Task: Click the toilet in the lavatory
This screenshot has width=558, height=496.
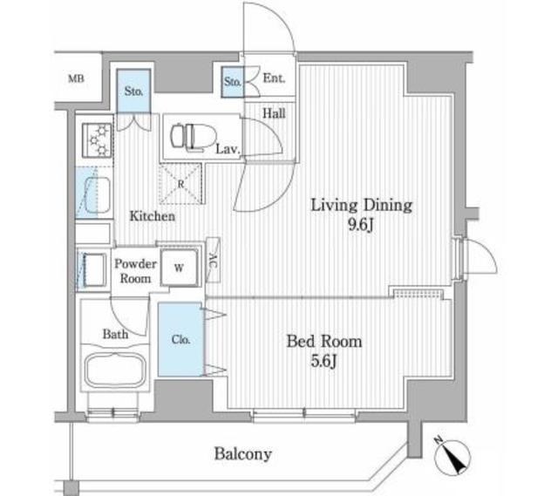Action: [194, 136]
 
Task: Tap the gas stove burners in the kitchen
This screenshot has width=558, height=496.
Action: [97, 140]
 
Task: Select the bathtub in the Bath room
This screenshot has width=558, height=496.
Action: [115, 370]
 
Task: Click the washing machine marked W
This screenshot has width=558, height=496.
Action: [180, 268]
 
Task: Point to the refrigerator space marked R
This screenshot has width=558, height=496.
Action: [180, 184]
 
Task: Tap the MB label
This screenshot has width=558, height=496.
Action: [76, 78]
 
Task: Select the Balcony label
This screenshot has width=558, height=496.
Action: [243, 454]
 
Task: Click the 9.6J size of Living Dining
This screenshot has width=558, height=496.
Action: [361, 225]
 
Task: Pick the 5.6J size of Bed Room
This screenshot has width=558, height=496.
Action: [323, 361]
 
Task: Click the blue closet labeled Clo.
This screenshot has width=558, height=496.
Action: [180, 339]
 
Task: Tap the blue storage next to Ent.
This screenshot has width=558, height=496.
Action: [233, 82]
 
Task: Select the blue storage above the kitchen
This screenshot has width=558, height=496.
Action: [133, 91]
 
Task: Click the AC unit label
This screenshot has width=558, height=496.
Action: [213, 260]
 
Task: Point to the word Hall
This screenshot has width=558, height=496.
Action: [274, 113]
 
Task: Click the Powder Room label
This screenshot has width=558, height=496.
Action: [135, 271]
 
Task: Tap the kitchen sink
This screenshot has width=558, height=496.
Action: [93, 193]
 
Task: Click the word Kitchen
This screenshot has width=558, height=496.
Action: [153, 215]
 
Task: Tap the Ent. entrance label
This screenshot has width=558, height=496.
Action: [274, 78]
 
